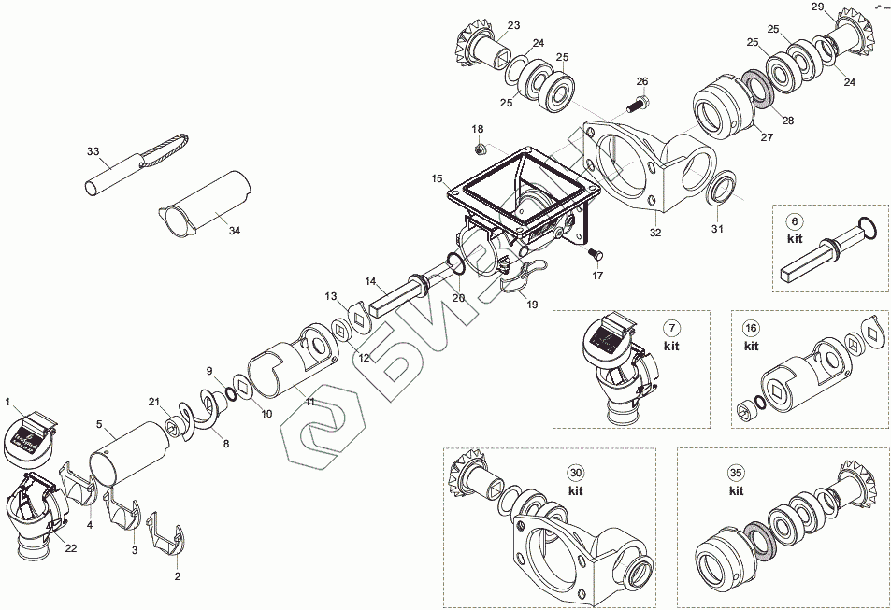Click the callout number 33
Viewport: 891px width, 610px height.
tap(93, 150)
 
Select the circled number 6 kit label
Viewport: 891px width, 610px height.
tap(795, 221)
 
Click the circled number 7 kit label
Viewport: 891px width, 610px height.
tap(671, 328)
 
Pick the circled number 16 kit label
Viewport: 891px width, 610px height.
tap(751, 328)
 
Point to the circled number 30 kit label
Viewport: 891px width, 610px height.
tap(576, 473)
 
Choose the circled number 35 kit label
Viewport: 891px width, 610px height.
tap(737, 473)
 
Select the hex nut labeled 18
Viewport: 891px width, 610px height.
tap(479, 148)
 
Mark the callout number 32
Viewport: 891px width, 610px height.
tap(655, 233)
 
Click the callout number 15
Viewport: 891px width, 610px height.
tap(437, 177)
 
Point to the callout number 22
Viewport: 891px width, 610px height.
tap(70, 547)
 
